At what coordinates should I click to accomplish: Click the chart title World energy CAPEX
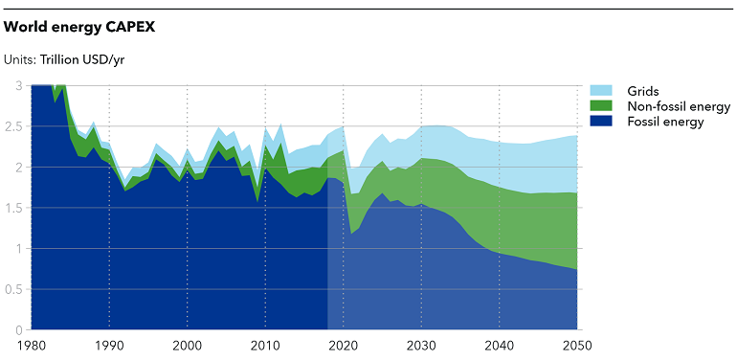pos(79,27)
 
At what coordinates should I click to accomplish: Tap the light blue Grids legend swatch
pos(600,90)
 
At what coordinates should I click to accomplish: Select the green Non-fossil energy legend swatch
pos(600,105)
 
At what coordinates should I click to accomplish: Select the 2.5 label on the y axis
pos(13,126)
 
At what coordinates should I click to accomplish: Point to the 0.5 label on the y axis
pos(13,289)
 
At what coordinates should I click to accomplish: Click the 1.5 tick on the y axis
pos(13,208)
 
